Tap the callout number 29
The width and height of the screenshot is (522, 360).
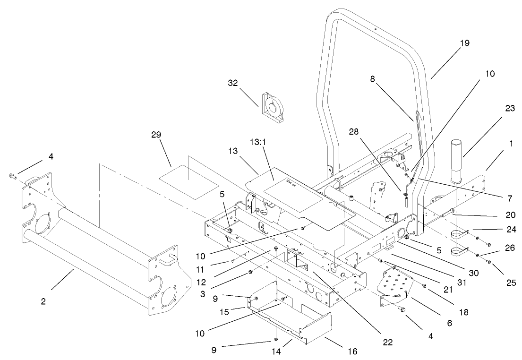pyautogui.click(x=156, y=135)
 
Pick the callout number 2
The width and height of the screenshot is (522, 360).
pyautogui.click(x=43, y=301)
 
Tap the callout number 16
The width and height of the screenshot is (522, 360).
pyautogui.click(x=353, y=351)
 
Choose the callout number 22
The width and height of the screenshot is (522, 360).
pyautogui.click(x=389, y=342)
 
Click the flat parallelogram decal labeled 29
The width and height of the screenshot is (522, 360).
pyautogui.click(x=188, y=177)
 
